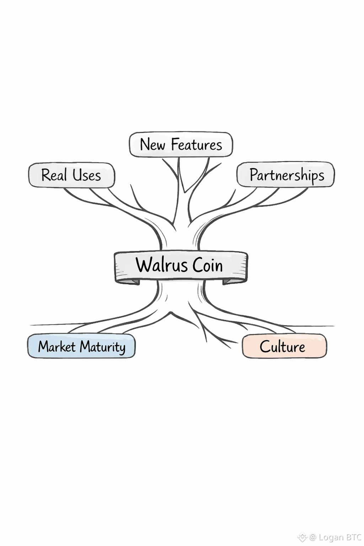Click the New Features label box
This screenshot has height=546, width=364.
(x=181, y=145)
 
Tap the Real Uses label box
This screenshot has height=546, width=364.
(x=71, y=175)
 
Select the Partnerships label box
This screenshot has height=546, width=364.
(x=286, y=175)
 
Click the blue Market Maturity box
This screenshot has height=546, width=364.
(x=81, y=346)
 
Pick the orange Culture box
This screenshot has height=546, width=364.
(x=284, y=346)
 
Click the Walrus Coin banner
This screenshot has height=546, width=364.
(x=181, y=266)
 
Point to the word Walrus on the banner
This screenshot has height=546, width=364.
(x=162, y=265)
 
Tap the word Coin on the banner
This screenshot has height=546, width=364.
(x=208, y=266)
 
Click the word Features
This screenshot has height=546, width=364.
(x=197, y=145)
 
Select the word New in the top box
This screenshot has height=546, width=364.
(x=152, y=145)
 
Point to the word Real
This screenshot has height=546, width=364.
(x=54, y=175)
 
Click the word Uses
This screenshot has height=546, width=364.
(x=87, y=175)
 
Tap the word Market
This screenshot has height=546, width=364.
(x=57, y=347)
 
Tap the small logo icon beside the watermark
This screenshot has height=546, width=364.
(x=302, y=537)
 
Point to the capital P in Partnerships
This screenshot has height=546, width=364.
(x=253, y=174)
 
